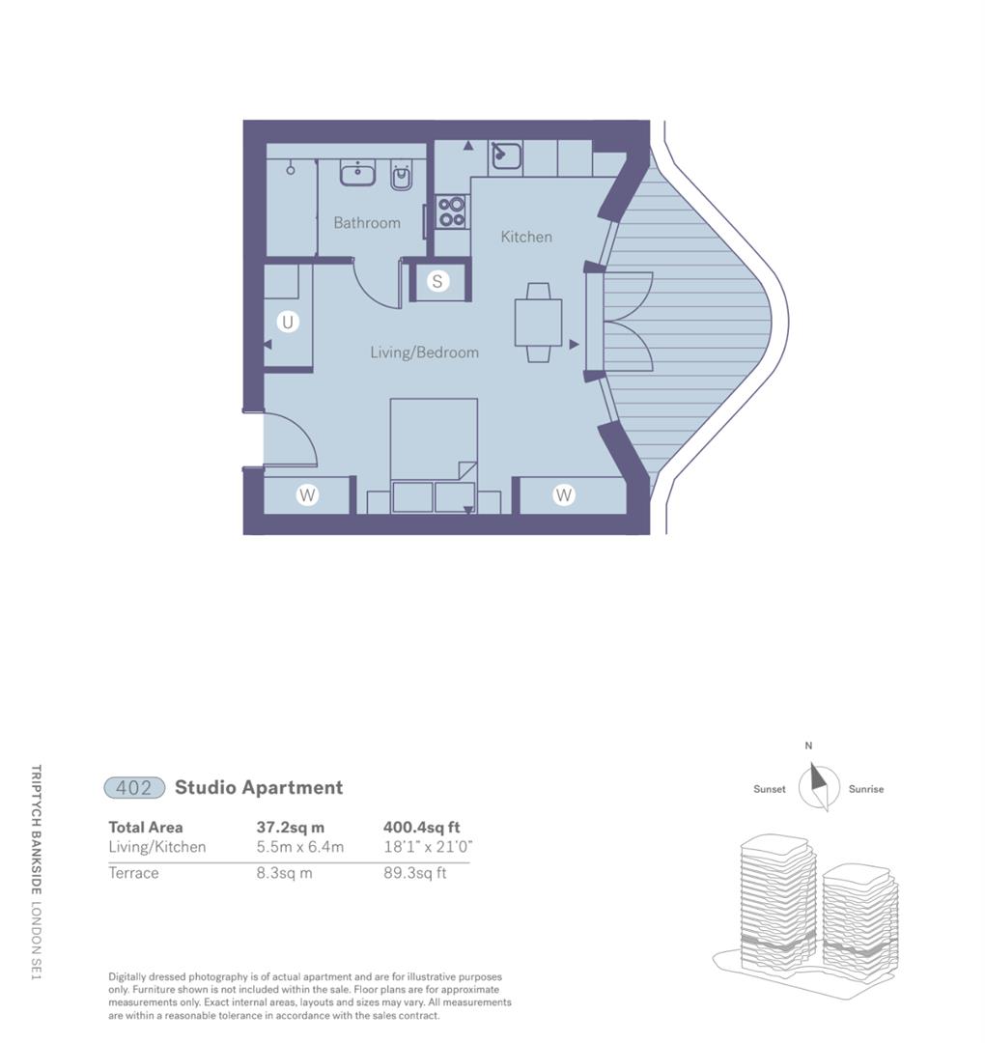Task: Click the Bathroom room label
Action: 367,223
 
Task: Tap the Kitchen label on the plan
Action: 526,237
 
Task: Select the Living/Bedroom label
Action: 424,352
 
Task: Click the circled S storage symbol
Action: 437,282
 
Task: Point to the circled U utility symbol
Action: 287,322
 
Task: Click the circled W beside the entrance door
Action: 307,495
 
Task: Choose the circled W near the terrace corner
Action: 563,495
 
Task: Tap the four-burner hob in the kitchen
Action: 451,211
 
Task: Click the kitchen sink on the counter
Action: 506,155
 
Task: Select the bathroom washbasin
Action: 357,174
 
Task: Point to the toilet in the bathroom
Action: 401,175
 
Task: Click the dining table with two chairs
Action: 538,323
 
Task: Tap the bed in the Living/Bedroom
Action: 434,454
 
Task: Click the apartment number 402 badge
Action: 134,788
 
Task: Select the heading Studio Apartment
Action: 259,787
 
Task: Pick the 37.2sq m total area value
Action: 291,828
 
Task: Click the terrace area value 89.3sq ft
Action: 414,873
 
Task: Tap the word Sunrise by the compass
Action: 866,789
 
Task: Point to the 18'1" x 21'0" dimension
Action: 428,847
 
